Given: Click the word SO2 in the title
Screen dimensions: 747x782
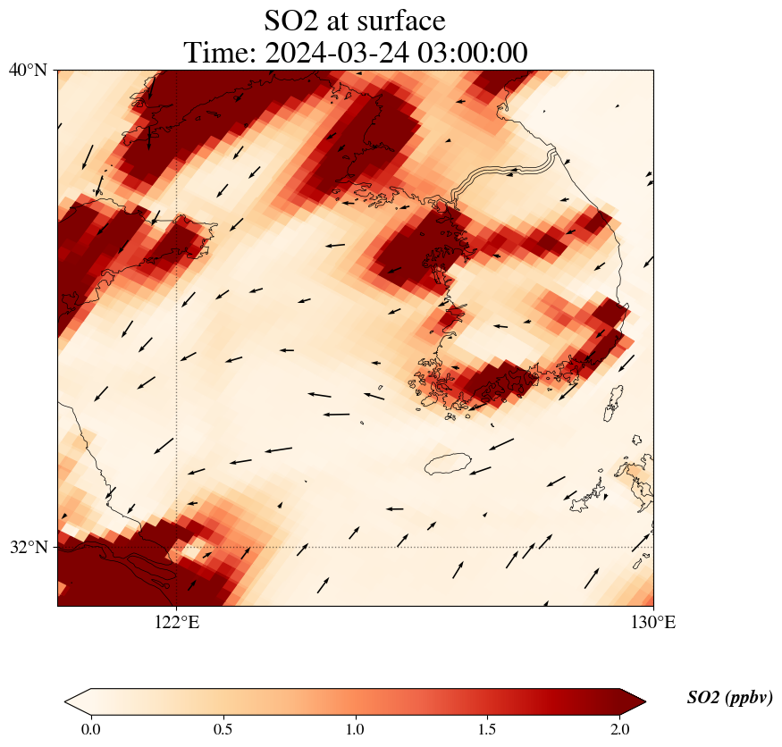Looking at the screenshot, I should (293, 20).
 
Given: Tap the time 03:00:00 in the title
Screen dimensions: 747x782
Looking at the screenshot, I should (473, 53).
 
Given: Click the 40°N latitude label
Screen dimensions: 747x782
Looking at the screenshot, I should (29, 70).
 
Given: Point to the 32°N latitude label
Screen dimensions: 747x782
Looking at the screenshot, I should (29, 547).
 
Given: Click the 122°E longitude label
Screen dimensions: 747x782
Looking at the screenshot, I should (177, 622).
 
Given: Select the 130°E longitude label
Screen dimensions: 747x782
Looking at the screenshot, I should (653, 622).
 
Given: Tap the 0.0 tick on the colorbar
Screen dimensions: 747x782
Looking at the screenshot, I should (90, 729).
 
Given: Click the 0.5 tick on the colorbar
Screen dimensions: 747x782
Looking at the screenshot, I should (223, 729).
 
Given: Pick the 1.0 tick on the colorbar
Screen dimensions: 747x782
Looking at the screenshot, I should (356, 729).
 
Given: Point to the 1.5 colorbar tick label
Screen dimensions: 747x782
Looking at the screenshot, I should (488, 729).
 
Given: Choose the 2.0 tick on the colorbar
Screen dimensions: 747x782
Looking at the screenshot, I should (620, 729).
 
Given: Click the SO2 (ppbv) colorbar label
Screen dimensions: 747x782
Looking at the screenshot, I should (729, 698).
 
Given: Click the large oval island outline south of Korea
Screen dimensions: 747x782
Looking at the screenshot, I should (448, 464).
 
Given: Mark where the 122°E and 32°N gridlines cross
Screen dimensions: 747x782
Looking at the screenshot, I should (177, 547).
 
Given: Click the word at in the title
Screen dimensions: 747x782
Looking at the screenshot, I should (341, 20).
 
